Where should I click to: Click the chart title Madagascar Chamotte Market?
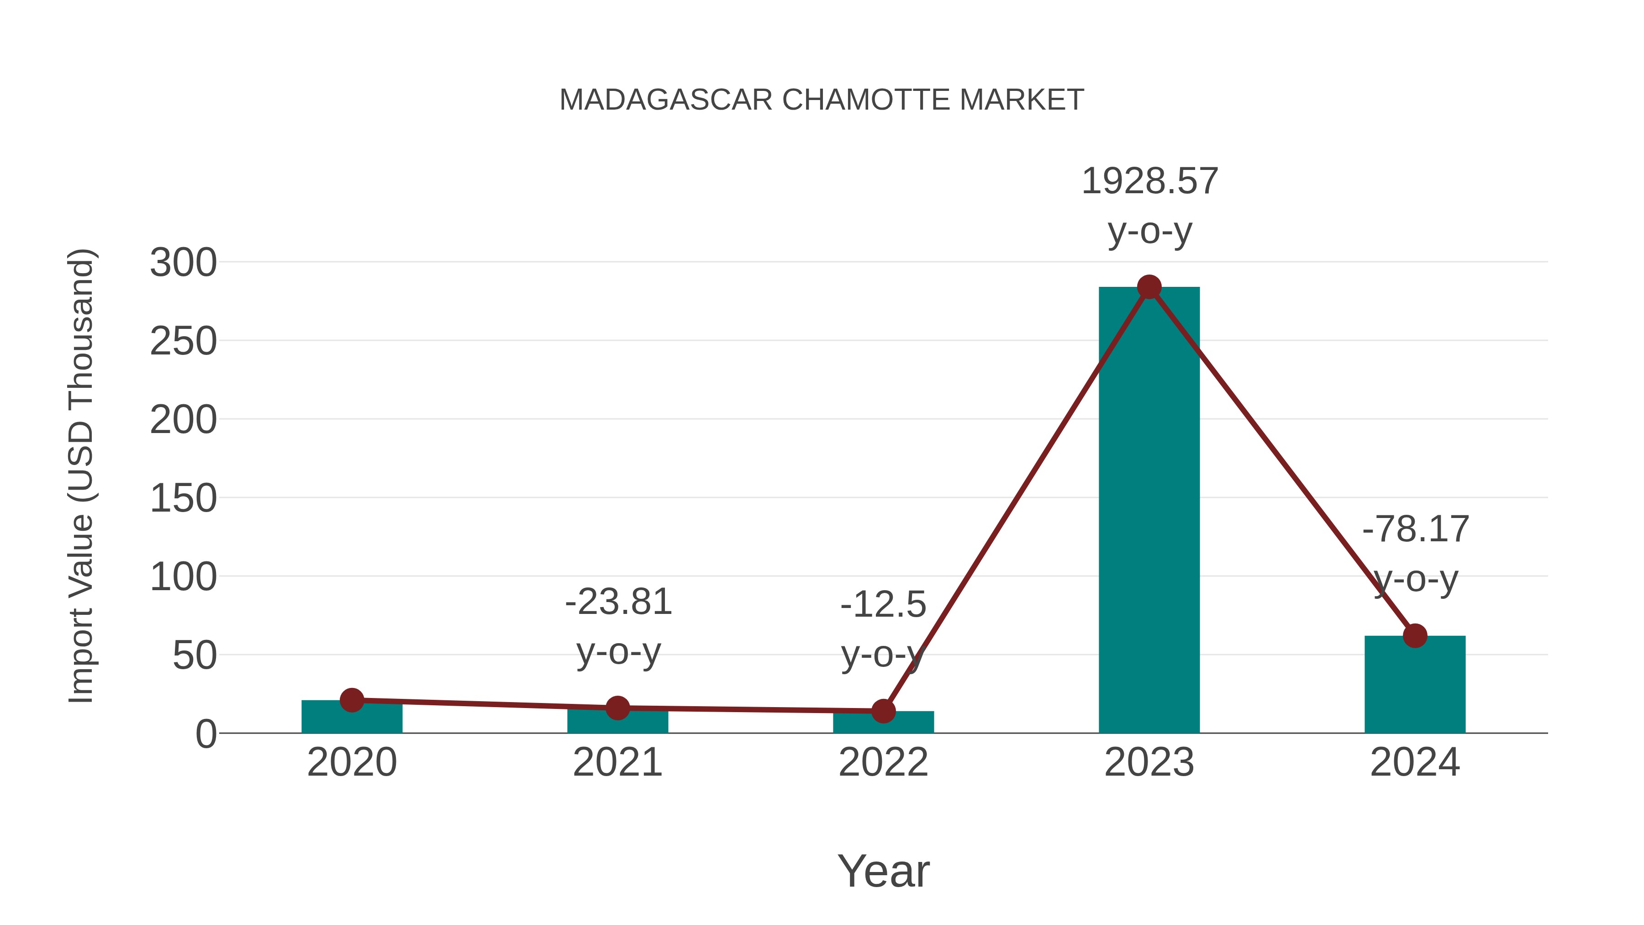click(822, 100)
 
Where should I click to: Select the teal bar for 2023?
click(1149, 511)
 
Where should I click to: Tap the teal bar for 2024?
click(1415, 686)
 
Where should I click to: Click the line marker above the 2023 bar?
click(1149, 287)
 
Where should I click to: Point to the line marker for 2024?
click(1415, 635)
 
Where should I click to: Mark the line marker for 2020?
click(352, 700)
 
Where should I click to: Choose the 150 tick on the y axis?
click(183, 498)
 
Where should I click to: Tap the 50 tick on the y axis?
click(195, 655)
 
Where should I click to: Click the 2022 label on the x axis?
click(883, 762)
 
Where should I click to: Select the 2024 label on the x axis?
click(1415, 762)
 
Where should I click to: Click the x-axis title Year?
click(883, 872)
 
